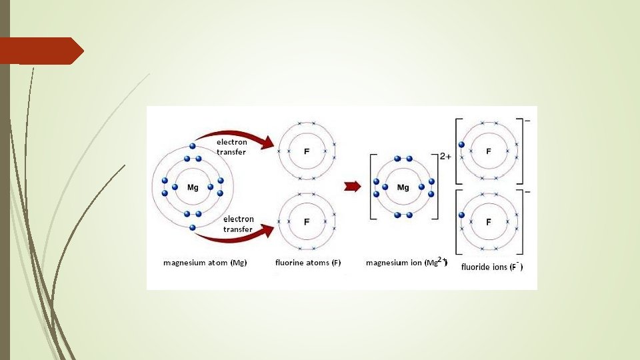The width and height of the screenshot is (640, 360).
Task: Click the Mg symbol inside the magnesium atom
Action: (x=193, y=187)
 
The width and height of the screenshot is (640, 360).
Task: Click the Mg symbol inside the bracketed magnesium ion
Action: (x=403, y=187)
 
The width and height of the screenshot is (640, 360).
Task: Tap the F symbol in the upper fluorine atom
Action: (x=307, y=152)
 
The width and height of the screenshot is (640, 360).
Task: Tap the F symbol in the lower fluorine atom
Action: (x=307, y=221)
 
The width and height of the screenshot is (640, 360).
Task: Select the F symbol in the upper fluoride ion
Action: (x=489, y=151)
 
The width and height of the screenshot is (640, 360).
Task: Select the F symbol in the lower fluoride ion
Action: (x=489, y=221)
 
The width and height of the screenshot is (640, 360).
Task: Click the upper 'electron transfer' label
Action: (x=231, y=147)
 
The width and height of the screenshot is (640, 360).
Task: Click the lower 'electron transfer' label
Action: (x=238, y=224)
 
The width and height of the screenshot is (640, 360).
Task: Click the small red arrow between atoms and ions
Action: (x=351, y=186)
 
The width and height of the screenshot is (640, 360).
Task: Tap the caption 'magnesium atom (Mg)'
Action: (x=205, y=263)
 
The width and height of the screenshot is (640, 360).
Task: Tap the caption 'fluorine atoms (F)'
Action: (x=308, y=263)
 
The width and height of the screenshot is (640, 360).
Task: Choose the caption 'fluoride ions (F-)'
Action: (x=492, y=267)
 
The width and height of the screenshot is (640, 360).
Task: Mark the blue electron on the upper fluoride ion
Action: (x=460, y=145)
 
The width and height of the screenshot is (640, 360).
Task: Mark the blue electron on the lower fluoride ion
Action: (x=460, y=215)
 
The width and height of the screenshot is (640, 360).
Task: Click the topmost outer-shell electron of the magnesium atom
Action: (x=193, y=146)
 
